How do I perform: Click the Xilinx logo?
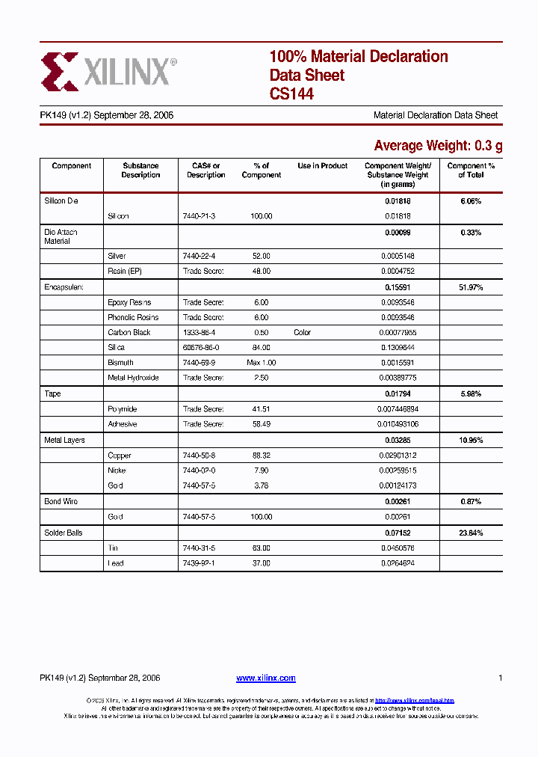[109, 72]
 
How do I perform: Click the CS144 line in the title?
[291, 94]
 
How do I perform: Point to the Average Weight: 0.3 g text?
[438, 145]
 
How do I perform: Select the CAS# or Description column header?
[205, 171]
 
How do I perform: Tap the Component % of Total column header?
[471, 171]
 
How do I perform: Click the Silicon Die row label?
[61, 201]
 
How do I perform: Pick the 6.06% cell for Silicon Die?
[471, 201]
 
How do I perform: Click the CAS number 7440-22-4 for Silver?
[199, 256]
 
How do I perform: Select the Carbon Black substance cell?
[129, 332]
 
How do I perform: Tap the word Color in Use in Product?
[302, 332]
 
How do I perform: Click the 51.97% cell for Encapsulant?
[471, 287]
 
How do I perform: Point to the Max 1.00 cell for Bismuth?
[262, 363]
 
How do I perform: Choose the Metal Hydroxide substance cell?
[133, 378]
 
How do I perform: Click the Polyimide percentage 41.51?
[262, 409]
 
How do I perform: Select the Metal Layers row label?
[64, 441]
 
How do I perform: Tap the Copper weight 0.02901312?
[398, 456]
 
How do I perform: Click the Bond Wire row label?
[61, 502]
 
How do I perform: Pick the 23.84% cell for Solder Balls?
[471, 533]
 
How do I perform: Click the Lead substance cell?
[116, 563]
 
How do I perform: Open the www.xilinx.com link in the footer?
[266, 678]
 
